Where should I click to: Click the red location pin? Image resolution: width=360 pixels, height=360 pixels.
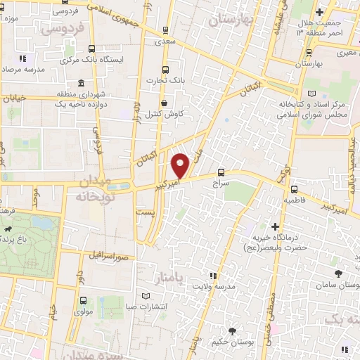pos(181,165)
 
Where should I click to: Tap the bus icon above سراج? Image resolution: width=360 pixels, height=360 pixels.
pos(221,172)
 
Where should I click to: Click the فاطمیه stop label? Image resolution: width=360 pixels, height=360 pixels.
pos(294,200)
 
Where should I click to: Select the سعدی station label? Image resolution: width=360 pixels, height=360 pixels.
pos(165,42)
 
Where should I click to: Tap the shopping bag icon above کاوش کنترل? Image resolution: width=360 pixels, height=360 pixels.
pos(164,103)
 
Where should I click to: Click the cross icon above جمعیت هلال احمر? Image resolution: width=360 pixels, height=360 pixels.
pos(320,12)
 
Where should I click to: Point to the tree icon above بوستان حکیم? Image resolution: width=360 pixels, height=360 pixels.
pos(231,331)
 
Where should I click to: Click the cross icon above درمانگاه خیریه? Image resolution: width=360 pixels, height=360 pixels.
pos(276,227)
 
